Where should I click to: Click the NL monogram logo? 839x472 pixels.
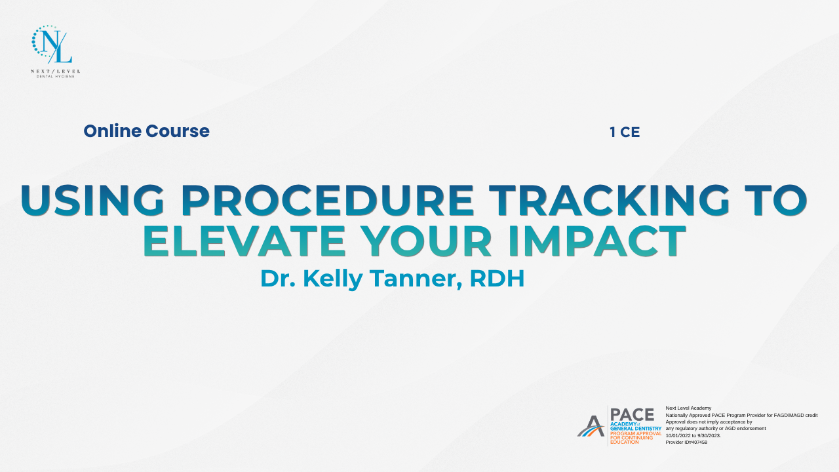coord(52,44)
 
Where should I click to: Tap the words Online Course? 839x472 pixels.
coord(146,131)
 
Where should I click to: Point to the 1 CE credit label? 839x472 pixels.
coord(625,132)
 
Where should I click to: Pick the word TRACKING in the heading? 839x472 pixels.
coord(610,201)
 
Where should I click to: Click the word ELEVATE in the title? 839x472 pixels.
coord(244,241)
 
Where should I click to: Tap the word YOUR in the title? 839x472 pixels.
coord(426,241)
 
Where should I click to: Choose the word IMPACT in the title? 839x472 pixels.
coord(597,241)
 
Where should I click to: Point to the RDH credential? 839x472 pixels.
coord(497,279)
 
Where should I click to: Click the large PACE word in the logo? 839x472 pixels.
coord(633,415)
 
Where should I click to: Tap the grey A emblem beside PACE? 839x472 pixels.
coord(591,426)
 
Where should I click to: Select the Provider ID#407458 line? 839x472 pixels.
coord(686,442)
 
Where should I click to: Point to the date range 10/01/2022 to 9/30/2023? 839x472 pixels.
coord(693,436)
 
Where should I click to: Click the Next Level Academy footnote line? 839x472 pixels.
coord(688,408)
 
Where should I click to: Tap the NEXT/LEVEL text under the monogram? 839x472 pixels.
coord(56,71)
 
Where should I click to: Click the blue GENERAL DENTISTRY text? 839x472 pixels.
coord(636,429)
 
